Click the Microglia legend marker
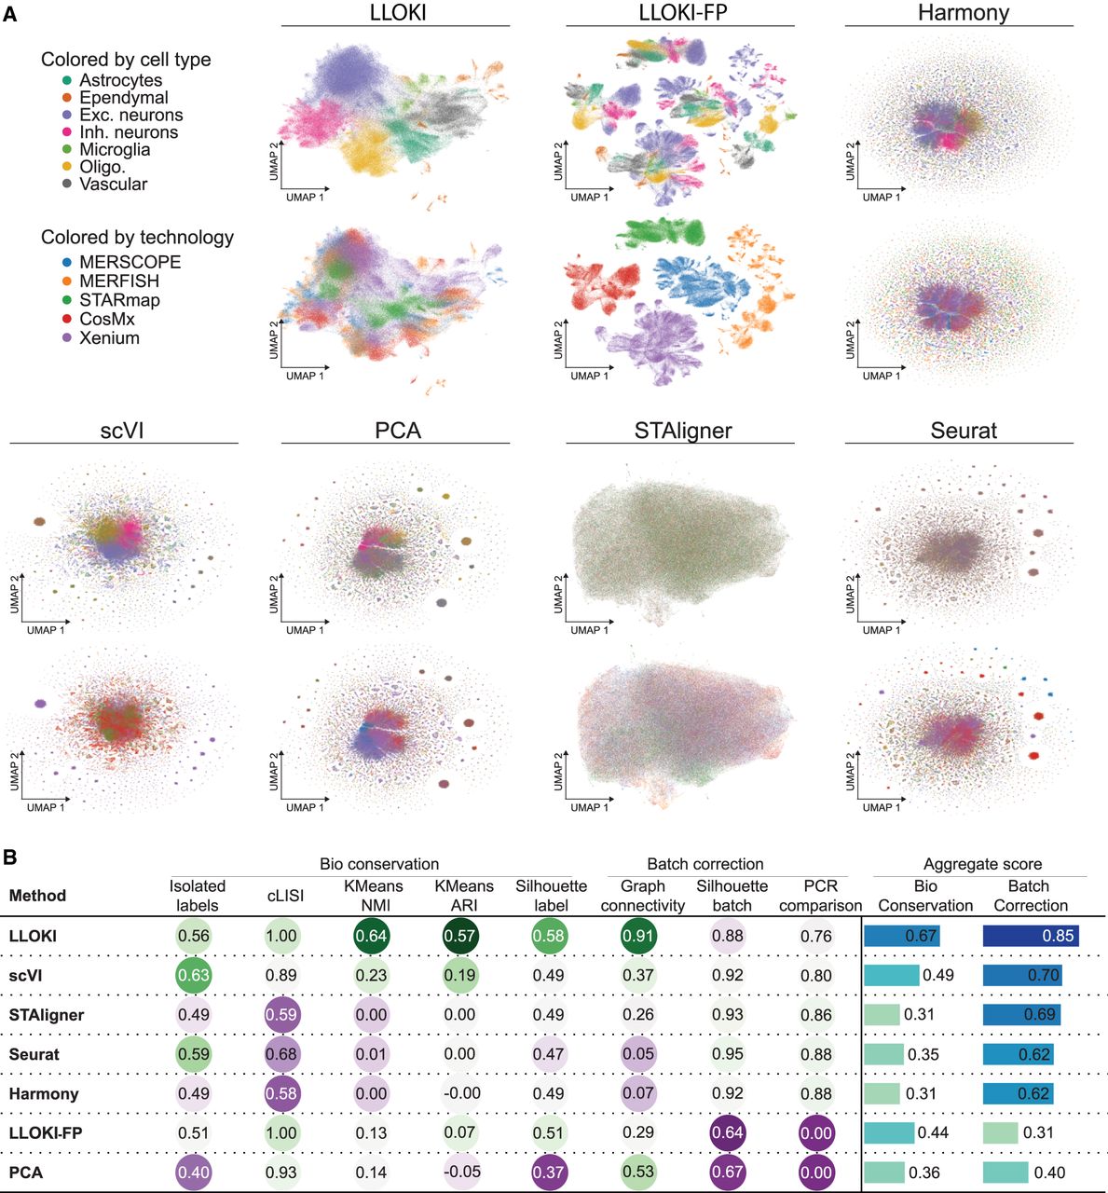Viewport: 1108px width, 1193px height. [67, 150]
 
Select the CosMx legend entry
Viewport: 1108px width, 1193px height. [107, 319]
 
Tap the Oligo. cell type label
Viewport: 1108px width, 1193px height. [103, 167]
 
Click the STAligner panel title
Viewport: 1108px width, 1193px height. [683, 431]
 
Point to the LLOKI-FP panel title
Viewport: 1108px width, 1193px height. [683, 12]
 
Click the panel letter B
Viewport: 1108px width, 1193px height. [10, 857]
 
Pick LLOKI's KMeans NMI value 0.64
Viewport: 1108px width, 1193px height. [371, 936]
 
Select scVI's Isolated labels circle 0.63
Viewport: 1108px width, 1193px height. [194, 975]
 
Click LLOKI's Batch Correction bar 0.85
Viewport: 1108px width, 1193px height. [1030, 936]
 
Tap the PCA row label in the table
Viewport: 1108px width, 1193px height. [26, 1172]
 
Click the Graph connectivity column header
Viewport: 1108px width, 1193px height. [642, 896]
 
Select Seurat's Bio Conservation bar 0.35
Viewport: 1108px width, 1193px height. [883, 1054]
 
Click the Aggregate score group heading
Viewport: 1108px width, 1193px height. [982, 864]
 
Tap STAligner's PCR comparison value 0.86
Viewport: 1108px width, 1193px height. [815, 1014]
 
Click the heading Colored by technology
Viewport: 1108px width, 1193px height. [137, 238]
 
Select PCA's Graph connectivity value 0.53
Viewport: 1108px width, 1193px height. [638, 1172]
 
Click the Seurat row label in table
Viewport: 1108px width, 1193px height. [34, 1054]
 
